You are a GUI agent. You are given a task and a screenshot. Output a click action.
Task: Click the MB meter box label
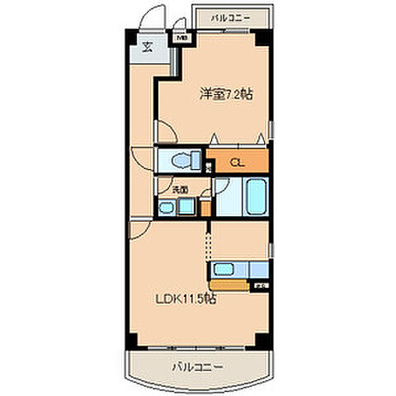click(181, 37)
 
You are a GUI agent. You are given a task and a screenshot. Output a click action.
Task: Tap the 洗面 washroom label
click(179, 190)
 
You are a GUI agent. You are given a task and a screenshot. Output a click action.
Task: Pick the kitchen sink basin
click(224, 269)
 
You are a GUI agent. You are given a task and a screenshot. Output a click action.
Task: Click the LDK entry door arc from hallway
click(140, 225)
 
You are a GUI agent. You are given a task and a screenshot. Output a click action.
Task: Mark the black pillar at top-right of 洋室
click(262, 37)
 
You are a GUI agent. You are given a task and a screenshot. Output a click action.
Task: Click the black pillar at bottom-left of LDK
click(130, 340)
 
